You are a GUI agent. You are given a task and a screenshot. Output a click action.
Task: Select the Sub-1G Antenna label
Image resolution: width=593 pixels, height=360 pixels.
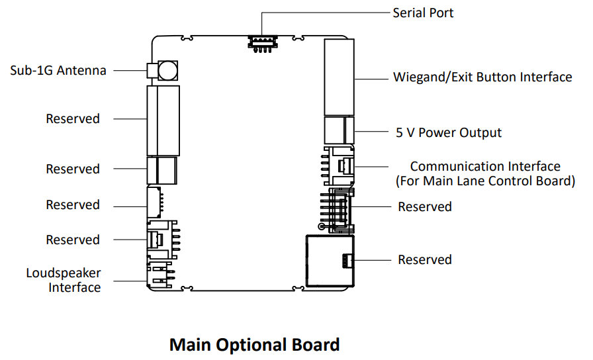click(x=58, y=70)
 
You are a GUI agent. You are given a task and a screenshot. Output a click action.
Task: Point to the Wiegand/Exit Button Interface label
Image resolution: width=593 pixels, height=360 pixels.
click(x=482, y=77)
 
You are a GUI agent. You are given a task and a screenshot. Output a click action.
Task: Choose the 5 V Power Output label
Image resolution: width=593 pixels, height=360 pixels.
click(x=449, y=132)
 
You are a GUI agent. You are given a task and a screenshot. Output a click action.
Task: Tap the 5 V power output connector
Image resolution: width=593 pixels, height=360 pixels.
click(x=339, y=129)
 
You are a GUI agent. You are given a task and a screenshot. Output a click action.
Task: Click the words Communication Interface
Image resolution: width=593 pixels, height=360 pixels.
click(x=485, y=167)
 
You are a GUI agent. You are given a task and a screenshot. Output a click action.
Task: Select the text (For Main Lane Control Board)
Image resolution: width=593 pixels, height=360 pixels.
click(x=485, y=181)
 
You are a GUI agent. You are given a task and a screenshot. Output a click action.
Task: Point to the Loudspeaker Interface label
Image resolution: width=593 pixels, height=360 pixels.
click(x=64, y=280)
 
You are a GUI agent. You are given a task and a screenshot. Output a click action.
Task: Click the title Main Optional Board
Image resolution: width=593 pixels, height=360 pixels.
click(x=254, y=345)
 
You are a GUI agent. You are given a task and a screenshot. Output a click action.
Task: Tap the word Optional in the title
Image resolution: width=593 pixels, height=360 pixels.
click(x=255, y=345)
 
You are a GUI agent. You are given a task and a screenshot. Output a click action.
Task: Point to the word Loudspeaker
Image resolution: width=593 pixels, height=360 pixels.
click(x=64, y=273)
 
